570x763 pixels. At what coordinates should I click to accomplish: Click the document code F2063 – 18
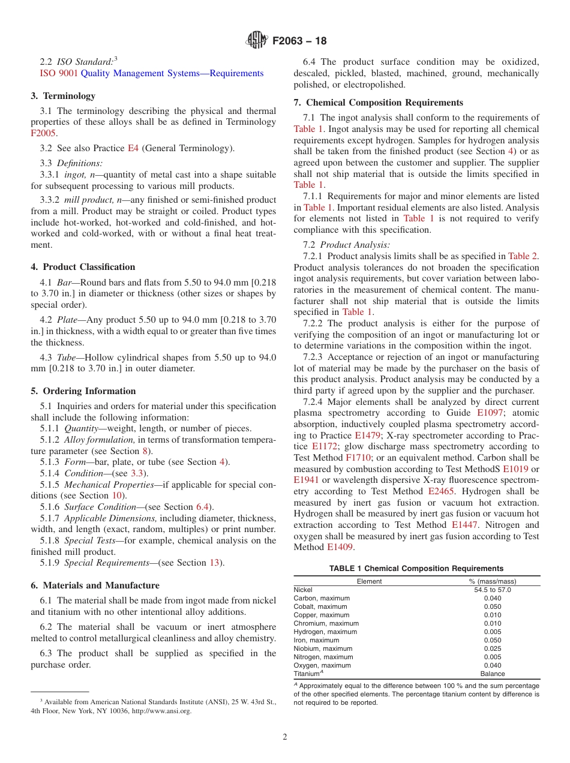coord(299,41)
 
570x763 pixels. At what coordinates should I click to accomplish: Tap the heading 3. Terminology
coord(63,95)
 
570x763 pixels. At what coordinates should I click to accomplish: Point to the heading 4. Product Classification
coord(83,267)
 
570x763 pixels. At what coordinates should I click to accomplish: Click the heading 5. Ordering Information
coord(83,391)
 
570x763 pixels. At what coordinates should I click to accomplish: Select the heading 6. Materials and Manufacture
coord(95,585)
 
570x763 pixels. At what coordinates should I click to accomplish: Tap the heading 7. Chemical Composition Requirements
coord(378,103)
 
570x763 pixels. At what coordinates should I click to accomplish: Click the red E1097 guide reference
coord(491,413)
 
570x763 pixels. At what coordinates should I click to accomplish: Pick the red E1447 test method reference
coord(464,525)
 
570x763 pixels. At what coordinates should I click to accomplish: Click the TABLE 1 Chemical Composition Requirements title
coord(416,569)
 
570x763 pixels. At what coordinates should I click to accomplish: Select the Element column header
coord(369,581)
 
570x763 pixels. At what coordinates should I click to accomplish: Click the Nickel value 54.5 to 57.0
coord(492,590)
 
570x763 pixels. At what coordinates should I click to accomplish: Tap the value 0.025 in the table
coord(492,648)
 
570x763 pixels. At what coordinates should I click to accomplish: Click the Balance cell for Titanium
coord(492,674)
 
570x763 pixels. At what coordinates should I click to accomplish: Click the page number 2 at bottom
coord(285,737)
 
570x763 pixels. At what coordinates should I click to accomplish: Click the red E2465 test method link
coord(441,491)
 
